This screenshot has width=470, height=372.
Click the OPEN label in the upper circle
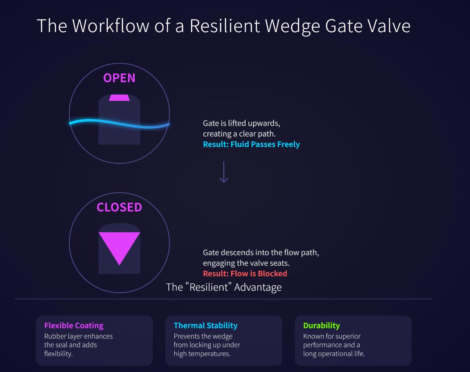click(119, 78)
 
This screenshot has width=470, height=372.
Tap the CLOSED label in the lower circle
click(119, 207)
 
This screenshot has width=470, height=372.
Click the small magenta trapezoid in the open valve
click(119, 98)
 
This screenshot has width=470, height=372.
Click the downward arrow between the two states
click(224, 172)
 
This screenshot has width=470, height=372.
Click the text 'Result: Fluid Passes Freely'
click(251, 144)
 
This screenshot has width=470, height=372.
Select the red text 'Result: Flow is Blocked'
click(245, 273)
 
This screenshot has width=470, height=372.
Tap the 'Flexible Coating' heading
click(74, 325)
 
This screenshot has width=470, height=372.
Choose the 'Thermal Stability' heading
click(206, 325)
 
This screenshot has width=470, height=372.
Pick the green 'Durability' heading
click(322, 325)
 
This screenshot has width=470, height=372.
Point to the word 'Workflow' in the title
click(111, 25)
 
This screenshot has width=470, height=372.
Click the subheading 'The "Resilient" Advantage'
click(224, 287)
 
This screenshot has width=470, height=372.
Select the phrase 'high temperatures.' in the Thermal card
click(202, 354)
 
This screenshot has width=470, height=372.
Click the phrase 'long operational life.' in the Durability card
click(334, 354)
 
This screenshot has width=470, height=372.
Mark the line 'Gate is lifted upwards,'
click(242, 123)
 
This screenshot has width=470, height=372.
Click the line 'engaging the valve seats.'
click(246, 263)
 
